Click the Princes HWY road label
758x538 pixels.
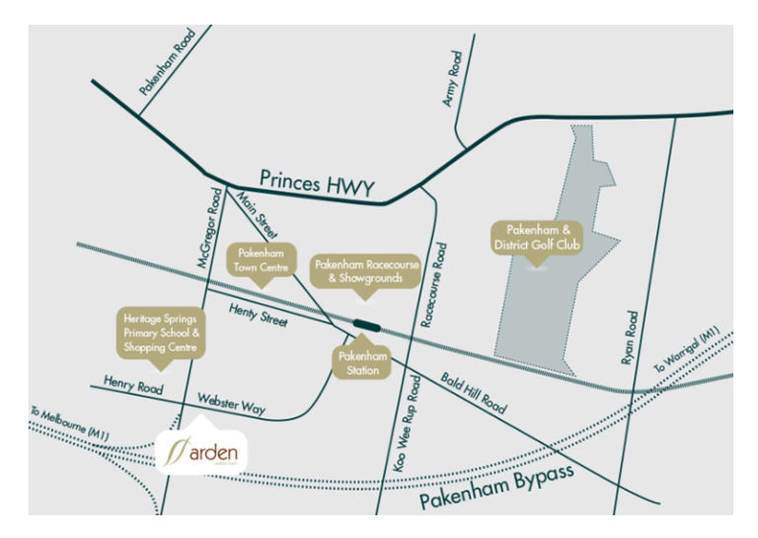318,183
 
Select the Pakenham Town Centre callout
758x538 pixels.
262,259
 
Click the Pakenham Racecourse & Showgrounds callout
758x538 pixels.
358,272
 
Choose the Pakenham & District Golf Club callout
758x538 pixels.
538,238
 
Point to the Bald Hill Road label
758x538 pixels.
474,394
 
